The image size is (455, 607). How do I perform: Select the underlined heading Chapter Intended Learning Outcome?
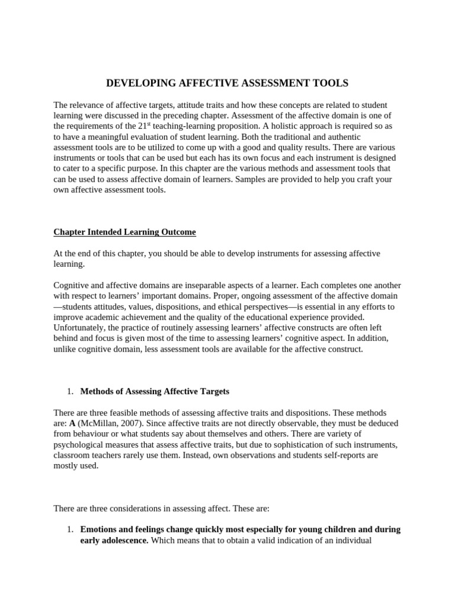coord(124,232)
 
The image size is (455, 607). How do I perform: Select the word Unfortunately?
coord(80,328)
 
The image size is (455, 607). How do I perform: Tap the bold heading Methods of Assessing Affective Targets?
coord(154,391)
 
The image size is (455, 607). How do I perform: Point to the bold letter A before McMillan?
coord(72,423)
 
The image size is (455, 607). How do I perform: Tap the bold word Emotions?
coord(100,529)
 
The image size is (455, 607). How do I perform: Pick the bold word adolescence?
coord(123,540)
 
